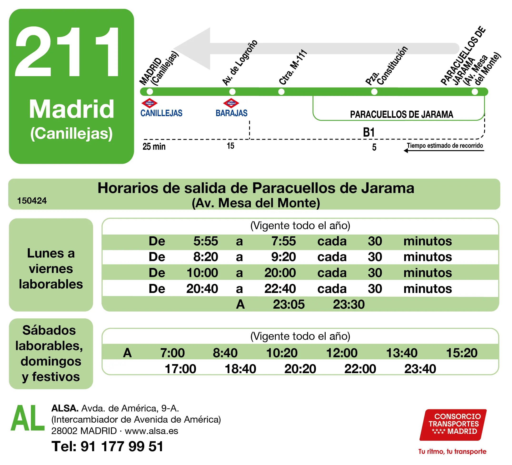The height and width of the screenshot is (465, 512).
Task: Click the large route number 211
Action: click(67, 52)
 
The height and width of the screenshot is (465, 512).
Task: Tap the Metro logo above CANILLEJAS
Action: click(149, 103)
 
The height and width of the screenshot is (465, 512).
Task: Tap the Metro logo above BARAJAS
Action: click(231, 103)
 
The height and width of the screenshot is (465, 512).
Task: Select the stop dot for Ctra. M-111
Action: click(281, 92)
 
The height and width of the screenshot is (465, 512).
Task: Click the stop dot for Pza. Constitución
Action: click(374, 92)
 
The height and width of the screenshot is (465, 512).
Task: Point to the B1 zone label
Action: click(369, 133)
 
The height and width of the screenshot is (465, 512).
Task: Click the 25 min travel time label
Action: click(154, 147)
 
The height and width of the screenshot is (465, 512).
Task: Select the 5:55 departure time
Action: click(206, 241)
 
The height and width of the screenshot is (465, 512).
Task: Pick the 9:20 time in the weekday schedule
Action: click(283, 257)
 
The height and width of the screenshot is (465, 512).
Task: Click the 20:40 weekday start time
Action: click(202, 289)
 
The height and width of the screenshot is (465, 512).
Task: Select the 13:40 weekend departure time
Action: click(402, 353)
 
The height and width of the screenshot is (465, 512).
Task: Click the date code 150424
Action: click(32, 201)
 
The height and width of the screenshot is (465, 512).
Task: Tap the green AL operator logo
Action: click(27, 418)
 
